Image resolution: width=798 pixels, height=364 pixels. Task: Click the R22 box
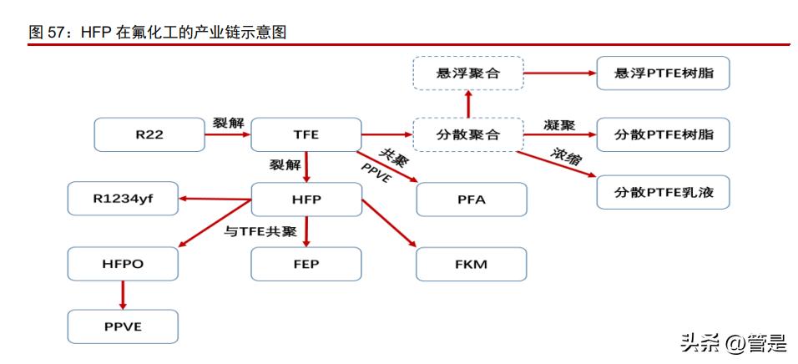pyautogui.click(x=149, y=134)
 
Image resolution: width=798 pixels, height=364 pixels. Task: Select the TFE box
pyautogui.click(x=306, y=134)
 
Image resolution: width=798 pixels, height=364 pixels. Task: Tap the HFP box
pyautogui.click(x=306, y=200)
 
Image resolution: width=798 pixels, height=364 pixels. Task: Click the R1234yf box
pyautogui.click(x=123, y=200)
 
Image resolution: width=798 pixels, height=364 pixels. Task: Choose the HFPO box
pyautogui.click(x=123, y=264)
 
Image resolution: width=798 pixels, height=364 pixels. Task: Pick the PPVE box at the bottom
pyautogui.click(x=123, y=326)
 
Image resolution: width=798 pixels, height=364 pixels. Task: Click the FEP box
pyautogui.click(x=306, y=264)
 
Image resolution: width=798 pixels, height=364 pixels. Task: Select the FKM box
pyautogui.click(x=472, y=264)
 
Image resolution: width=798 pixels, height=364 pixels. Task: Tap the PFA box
pyautogui.click(x=472, y=200)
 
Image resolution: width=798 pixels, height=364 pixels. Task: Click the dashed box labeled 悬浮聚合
pyautogui.click(x=467, y=73)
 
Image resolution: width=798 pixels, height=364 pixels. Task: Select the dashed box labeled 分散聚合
pyautogui.click(x=467, y=134)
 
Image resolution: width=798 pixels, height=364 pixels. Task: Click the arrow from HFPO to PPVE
pyautogui.click(x=123, y=295)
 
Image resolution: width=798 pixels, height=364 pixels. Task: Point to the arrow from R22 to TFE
pyautogui.click(x=227, y=134)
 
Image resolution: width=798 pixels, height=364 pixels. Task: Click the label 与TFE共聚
pyautogui.click(x=260, y=231)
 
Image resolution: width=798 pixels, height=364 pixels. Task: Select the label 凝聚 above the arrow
pyautogui.click(x=558, y=124)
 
